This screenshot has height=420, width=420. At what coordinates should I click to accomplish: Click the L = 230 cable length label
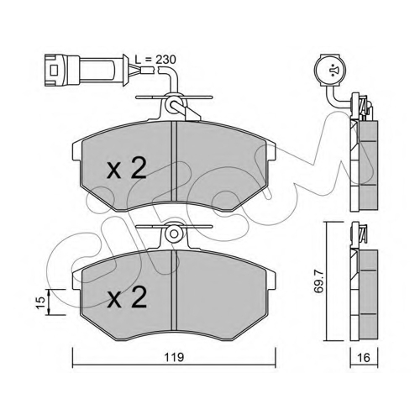click(x=155, y=60)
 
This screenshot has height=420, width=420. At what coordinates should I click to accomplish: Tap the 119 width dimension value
click(x=174, y=358)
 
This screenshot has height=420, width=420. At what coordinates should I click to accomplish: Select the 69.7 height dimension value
click(x=318, y=281)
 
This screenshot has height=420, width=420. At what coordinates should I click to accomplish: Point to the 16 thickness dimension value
click(x=364, y=358)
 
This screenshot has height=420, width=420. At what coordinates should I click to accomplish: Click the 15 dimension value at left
click(x=41, y=302)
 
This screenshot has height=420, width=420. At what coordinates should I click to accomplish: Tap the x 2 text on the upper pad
click(x=127, y=168)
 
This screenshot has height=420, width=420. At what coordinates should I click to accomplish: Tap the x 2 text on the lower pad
click(x=127, y=297)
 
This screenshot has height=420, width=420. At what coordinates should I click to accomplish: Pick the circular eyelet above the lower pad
click(x=174, y=233)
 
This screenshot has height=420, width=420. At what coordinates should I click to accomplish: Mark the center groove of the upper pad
click(x=174, y=161)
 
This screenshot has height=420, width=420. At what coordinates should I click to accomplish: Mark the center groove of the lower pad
click(x=174, y=290)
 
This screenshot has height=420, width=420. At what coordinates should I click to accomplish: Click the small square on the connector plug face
click(x=54, y=71)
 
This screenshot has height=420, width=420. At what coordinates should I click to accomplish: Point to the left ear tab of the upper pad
click(x=76, y=151)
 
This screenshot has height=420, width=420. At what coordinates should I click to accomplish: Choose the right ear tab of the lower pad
click(x=271, y=280)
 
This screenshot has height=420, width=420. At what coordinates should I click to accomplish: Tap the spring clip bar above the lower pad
click(x=174, y=226)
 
